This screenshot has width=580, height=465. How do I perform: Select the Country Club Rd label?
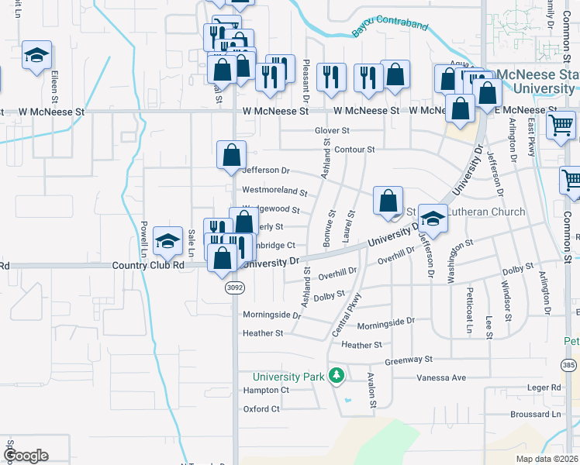pyautogui.click(x=147, y=264)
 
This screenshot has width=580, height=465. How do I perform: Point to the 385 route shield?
pyautogui.click(x=570, y=364)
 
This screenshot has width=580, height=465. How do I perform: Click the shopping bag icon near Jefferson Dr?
pyautogui.click(x=232, y=155)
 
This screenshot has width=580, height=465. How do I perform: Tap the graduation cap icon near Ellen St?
pyautogui.click(x=36, y=56)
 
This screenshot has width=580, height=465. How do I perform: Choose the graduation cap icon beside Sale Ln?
pyautogui.click(x=167, y=241)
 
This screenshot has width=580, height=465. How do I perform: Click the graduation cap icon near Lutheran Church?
pyautogui.click(x=433, y=219)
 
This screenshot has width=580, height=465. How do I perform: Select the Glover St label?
pyautogui.click(x=332, y=131)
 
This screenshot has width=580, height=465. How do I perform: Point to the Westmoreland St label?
pyautogui.click(x=274, y=190)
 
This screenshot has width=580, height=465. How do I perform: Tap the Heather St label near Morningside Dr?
pyautogui.click(x=264, y=333)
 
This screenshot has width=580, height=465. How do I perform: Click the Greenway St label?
pyautogui.click(x=408, y=360)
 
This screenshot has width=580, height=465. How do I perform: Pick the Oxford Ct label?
pyautogui.click(x=261, y=408)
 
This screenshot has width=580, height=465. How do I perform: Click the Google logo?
pyautogui.click(x=26, y=456)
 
